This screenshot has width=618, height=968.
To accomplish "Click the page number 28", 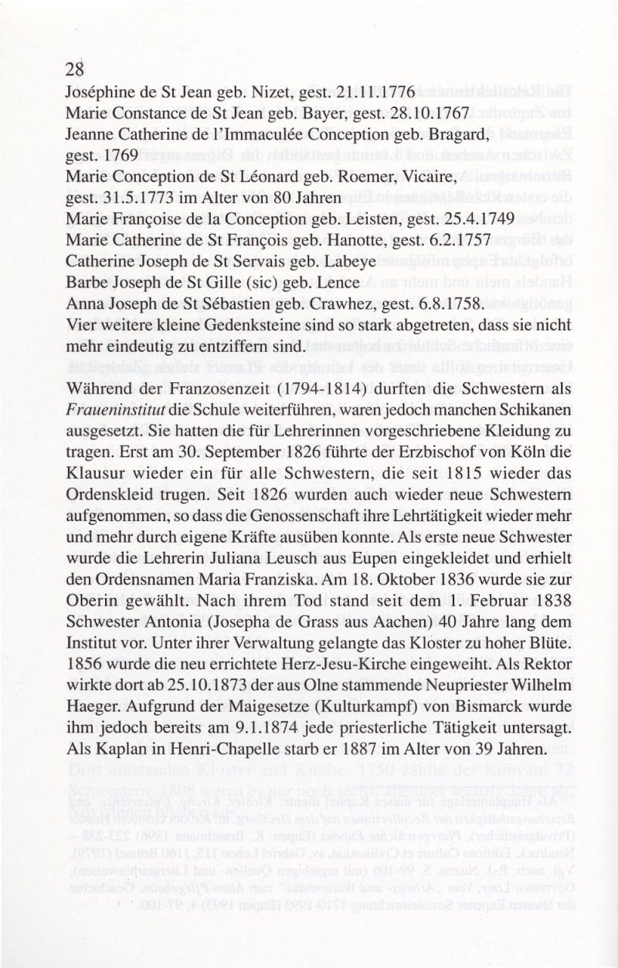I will coord(74,69).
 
